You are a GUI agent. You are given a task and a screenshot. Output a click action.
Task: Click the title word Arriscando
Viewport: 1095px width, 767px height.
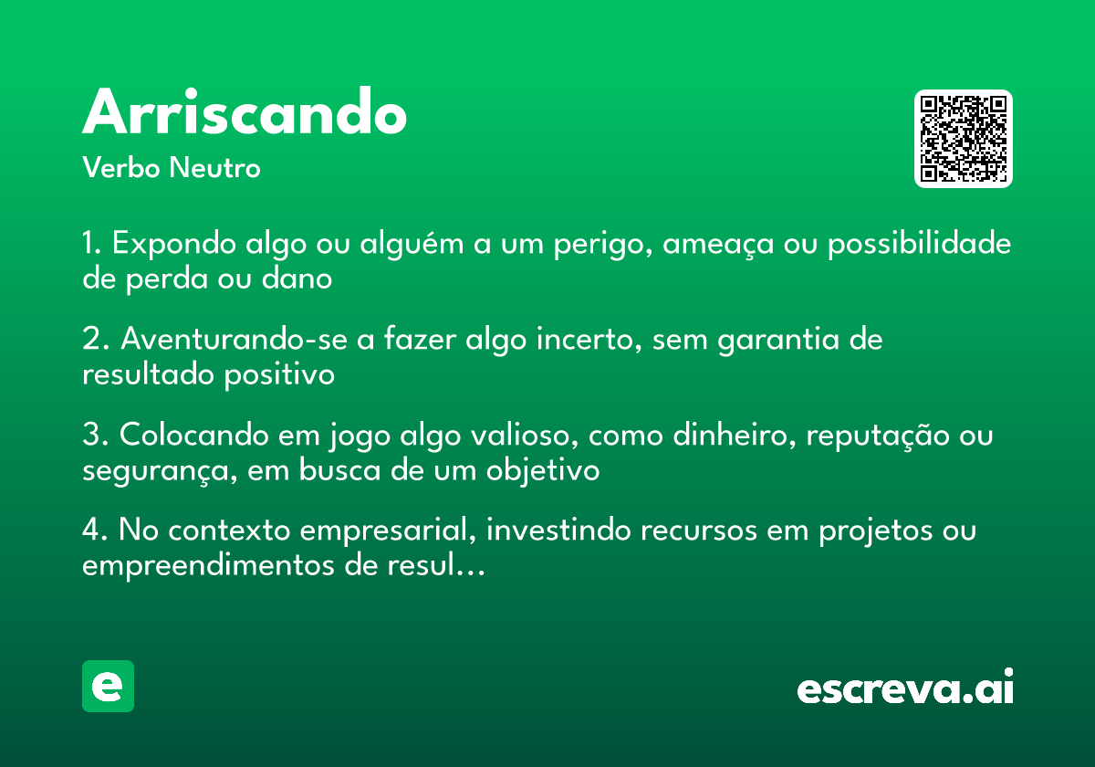click(x=245, y=113)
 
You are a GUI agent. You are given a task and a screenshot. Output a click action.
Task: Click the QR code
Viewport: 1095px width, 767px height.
click(x=964, y=139)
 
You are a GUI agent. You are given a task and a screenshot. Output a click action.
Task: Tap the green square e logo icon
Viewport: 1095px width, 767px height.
click(x=108, y=686)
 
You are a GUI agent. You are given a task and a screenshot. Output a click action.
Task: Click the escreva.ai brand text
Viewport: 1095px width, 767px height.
click(x=905, y=688)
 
